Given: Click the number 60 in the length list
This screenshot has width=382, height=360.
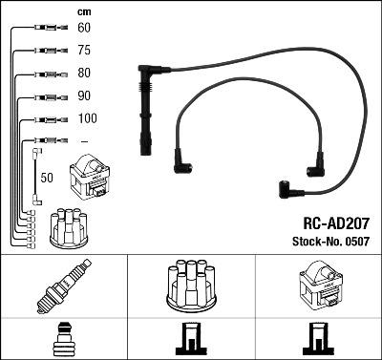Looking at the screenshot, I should point(84,29).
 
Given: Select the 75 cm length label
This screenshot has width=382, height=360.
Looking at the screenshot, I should point(84,52).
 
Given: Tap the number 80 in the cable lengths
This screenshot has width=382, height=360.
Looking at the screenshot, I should point(84,74).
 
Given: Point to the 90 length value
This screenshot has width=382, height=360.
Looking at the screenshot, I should point(84,96).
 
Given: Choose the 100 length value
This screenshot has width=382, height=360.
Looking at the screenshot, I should point(87,118).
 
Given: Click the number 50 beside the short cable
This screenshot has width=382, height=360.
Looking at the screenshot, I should point(46,178).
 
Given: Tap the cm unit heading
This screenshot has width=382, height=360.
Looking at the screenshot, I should point(83,11).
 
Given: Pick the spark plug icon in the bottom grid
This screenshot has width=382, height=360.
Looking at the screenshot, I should point(61,284).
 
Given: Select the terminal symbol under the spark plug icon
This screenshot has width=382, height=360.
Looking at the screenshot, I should point(61,340).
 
